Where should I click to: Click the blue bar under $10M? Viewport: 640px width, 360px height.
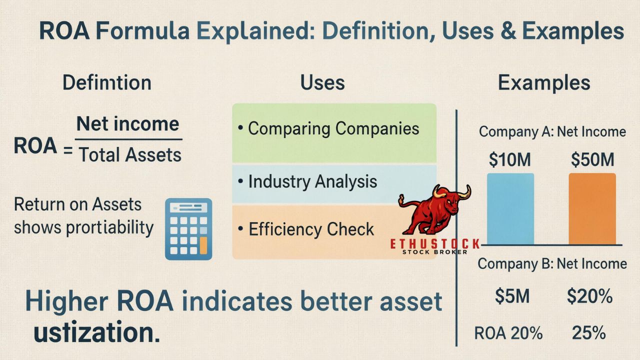[x=510, y=208]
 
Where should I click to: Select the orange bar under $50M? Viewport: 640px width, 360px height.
[x=592, y=208]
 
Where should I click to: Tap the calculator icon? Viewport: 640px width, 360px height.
[x=188, y=229]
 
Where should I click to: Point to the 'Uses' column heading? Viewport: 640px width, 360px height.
[x=322, y=82]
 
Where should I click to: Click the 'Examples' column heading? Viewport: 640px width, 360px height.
[x=544, y=82]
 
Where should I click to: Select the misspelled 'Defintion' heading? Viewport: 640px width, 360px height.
[x=107, y=82]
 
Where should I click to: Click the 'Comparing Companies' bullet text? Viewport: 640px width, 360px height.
[x=333, y=128]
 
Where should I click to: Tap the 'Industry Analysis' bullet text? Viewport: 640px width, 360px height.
[x=312, y=181]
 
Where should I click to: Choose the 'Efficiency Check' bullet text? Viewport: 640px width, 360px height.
[x=311, y=229]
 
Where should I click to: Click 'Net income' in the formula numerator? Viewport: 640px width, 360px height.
[x=128, y=123]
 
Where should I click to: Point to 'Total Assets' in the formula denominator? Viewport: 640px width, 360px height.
[x=129, y=155]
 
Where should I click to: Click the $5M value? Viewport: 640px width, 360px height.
[x=512, y=296]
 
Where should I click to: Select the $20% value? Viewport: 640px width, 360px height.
[x=590, y=296]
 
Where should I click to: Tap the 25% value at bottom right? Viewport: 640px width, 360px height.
[x=590, y=332]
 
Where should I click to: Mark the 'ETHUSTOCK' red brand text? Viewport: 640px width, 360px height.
[x=435, y=244]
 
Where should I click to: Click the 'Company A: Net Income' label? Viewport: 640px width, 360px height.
[x=552, y=131]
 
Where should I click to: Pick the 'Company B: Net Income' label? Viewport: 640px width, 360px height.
[x=552, y=263]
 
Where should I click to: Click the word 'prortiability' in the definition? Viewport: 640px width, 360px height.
[x=109, y=227]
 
